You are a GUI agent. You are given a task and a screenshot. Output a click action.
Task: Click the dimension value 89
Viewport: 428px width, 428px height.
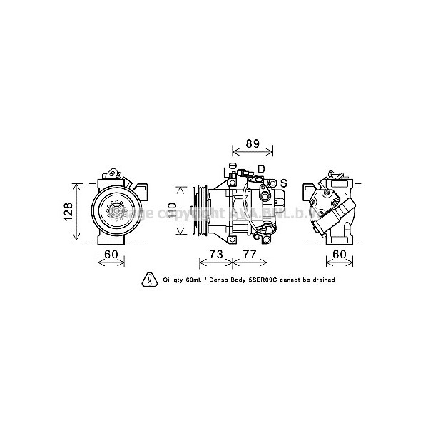click(253, 143)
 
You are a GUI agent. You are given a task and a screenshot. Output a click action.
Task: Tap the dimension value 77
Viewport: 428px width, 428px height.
click(250, 255)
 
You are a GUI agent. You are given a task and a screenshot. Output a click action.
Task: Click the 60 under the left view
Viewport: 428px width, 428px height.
click(111, 255)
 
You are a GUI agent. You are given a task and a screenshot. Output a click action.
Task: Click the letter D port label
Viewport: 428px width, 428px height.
click(260, 169)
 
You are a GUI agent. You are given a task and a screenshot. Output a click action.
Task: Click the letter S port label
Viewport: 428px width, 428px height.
click(282, 183)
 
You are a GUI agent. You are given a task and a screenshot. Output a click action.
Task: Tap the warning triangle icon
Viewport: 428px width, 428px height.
click(150, 280)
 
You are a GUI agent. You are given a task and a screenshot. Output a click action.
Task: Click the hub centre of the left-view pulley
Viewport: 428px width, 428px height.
click(113, 212)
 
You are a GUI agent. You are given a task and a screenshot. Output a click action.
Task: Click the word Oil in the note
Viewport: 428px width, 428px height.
click(168, 280)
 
